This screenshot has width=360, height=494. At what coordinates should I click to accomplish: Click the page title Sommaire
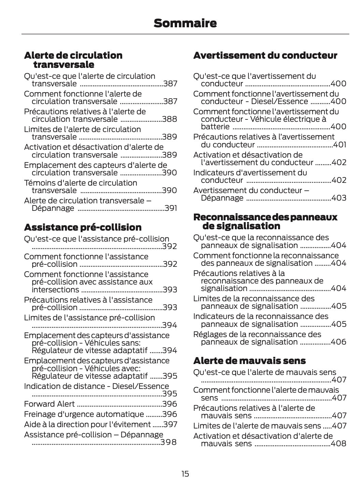[x=185, y=23]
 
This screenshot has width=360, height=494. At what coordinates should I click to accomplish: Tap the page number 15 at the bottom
[x=185, y=474]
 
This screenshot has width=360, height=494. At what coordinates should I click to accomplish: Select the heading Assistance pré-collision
[x=83, y=227]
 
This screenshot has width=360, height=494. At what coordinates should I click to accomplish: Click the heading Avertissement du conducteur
[x=265, y=55]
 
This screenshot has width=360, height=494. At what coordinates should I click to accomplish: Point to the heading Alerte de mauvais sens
[x=249, y=361]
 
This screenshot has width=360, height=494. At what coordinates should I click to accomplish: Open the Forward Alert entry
[x=49, y=404]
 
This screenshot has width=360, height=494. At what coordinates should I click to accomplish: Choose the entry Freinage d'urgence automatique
[x=84, y=414]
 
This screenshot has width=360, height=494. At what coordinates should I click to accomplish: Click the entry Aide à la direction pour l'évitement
[x=87, y=424]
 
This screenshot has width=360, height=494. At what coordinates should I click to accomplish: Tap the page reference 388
[x=170, y=119]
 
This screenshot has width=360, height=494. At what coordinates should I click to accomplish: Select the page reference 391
[x=171, y=208]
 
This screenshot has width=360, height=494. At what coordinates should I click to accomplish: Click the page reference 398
[x=169, y=442]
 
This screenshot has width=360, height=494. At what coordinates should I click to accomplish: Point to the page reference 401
[x=340, y=145]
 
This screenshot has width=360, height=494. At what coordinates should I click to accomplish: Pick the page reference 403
[x=339, y=198]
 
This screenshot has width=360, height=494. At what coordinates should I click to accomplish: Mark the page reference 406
[x=339, y=342]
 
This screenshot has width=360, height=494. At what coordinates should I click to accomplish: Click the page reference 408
[x=339, y=444]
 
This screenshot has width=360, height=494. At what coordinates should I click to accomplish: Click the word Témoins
[x=38, y=183]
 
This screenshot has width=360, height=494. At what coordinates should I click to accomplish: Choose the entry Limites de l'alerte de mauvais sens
[x=257, y=426]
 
